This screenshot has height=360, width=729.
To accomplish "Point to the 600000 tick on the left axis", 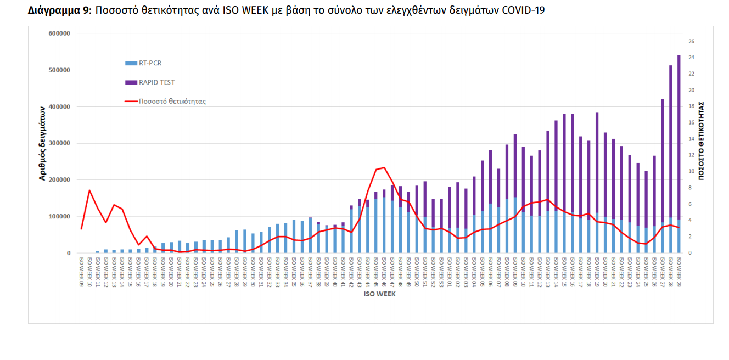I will point(60,33).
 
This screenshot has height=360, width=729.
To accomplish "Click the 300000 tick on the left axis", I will point(60,143).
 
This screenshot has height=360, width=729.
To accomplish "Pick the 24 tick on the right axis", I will point(691,58).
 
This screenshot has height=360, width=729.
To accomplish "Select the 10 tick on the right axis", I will point(691,171).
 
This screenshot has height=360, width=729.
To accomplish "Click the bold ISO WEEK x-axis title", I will point(379,294).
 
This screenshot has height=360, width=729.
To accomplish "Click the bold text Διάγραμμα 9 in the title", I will point(59,10).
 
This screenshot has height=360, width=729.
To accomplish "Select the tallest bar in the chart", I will point(678,154).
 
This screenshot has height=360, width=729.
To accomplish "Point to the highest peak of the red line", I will point(384,167).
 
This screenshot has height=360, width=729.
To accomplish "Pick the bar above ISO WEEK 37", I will point(310,235).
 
